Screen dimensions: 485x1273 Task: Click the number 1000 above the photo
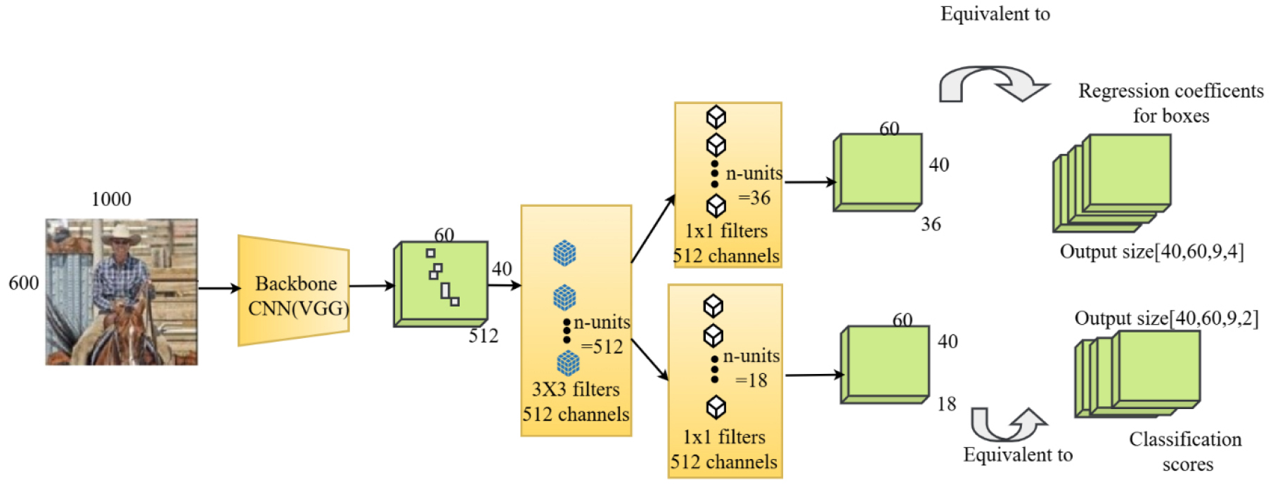(111, 200)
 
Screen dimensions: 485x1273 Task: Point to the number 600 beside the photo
(23, 283)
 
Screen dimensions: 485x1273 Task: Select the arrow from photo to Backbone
(219, 287)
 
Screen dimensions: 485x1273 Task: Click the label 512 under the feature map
(484, 336)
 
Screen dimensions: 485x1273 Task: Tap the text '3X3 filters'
(576, 389)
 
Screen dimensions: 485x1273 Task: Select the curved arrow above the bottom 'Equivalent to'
(1008, 424)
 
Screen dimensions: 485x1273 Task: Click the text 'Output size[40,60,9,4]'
(1151, 252)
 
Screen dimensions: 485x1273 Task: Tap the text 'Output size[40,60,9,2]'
(1166, 318)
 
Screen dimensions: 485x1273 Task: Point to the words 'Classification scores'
(1186, 451)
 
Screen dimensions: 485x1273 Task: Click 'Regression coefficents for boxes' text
(1171, 103)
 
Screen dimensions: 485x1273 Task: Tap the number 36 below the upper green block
(931, 224)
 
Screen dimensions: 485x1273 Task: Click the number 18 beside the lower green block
(947, 404)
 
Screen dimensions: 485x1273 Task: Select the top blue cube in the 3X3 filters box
(564, 253)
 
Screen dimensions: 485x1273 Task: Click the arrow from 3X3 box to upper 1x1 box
(653, 229)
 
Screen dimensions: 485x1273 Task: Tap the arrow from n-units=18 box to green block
(814, 375)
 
